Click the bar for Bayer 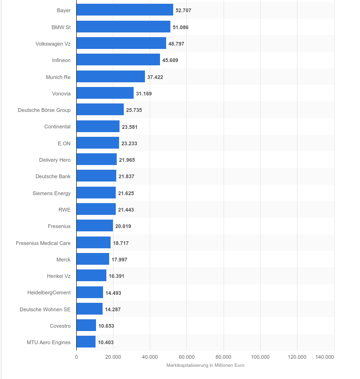point(125,10)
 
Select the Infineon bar point(118,60)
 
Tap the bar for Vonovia point(105,93)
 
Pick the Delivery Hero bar point(96,159)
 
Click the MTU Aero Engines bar point(86,342)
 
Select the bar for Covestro point(86,325)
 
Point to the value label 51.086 point(181,27)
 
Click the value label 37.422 point(155,77)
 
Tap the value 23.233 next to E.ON point(129,143)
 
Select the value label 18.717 point(121,243)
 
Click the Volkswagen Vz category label point(53,44)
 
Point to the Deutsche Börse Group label point(44,110)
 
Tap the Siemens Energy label point(52,193)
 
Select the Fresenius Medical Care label point(43,243)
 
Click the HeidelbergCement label point(49,292)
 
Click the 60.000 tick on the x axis point(186,357)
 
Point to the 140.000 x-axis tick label point(325,357)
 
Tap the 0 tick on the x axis point(76,357)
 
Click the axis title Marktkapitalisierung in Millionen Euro point(205,365)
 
